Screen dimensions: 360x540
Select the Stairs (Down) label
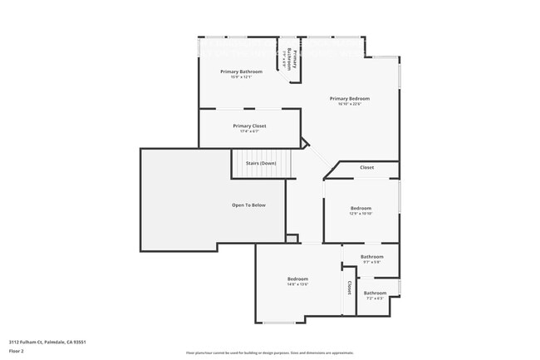[261, 163]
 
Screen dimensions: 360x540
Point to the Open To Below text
[248, 205]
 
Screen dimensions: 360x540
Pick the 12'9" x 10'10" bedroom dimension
[361, 214]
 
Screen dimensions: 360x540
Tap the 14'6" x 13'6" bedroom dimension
[297, 284]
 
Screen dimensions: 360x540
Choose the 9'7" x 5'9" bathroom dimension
[371, 262]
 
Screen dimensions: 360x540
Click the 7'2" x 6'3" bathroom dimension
[375, 298]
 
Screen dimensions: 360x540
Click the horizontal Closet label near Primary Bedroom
[366, 168]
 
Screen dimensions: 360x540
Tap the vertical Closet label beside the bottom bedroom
[350, 287]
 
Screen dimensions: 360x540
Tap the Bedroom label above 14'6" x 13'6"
[297, 279]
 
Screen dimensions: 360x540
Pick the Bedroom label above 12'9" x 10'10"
[361, 208]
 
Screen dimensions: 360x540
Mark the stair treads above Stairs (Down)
[263, 155]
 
